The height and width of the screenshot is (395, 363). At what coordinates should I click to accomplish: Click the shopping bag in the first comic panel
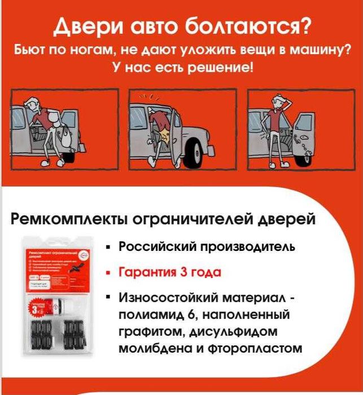coord(66,138)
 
